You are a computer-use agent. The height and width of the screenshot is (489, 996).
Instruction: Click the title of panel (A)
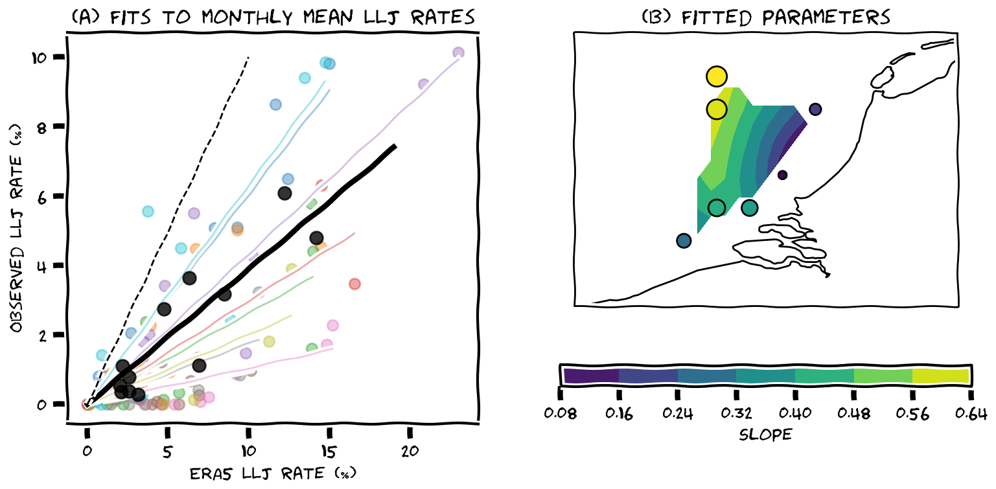click(272, 17)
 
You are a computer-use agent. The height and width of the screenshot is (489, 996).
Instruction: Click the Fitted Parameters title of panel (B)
click(766, 17)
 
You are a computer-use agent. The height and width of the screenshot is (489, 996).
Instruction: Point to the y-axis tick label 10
click(41, 57)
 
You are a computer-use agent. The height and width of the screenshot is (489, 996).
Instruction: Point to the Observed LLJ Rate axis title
click(17, 221)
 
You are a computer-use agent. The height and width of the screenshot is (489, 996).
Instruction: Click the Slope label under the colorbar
click(765, 435)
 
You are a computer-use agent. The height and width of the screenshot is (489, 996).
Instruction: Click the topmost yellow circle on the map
click(717, 76)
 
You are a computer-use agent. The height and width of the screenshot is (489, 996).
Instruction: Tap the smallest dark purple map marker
click(782, 175)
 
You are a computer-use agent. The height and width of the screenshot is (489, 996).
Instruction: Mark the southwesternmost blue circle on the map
click(684, 241)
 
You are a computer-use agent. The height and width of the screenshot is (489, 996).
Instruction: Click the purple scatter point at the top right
click(458, 53)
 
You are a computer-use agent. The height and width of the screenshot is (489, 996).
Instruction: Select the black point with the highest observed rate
click(284, 193)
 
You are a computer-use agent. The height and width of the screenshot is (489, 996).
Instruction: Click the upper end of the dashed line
click(248, 58)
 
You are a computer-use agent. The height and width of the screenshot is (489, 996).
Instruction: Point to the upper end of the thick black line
click(395, 146)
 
